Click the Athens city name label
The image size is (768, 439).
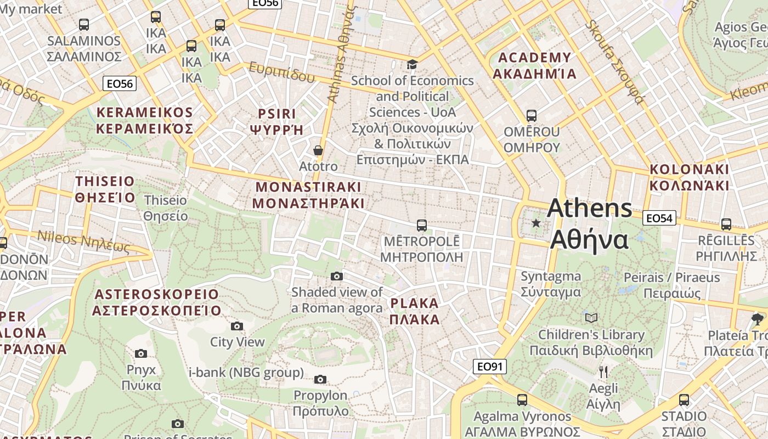(590, 224)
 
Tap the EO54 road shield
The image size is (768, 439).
(659, 218)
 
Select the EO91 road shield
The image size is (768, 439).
(489, 367)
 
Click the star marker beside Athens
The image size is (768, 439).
(536, 223)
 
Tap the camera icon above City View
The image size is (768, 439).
(237, 327)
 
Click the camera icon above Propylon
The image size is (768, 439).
(320, 379)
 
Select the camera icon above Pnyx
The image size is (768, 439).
(141, 353)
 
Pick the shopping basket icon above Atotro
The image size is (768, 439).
(318, 150)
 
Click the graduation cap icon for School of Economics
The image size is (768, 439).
(412, 65)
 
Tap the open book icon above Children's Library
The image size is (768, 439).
(591, 318)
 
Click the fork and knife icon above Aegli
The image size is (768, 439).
(603, 372)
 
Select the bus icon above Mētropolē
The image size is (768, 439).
(421, 225)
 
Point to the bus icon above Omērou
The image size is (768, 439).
(531, 116)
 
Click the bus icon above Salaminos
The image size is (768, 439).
(83, 25)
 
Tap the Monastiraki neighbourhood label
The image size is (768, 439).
(308, 195)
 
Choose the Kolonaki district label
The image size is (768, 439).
(690, 177)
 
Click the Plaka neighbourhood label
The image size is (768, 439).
(415, 311)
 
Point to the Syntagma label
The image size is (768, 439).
(550, 284)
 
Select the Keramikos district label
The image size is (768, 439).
(145, 121)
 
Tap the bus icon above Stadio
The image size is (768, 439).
(684, 400)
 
